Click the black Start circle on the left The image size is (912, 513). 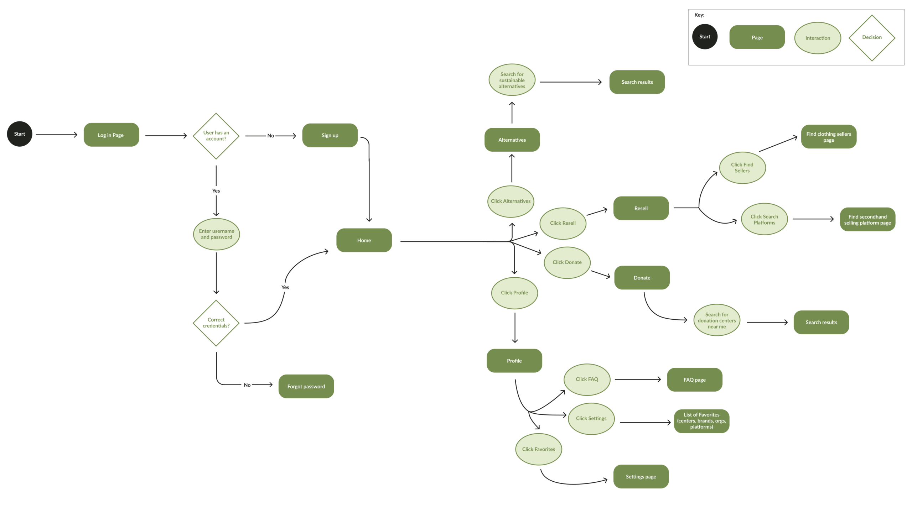[20, 134]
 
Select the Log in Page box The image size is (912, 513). [111, 135]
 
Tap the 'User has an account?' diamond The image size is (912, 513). [216, 136]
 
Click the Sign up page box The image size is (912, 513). [330, 135]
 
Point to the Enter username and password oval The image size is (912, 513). [216, 234]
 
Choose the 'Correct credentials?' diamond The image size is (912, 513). [216, 323]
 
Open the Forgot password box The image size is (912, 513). [306, 386]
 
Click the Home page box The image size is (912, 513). [364, 240]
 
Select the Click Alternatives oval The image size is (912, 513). [511, 201]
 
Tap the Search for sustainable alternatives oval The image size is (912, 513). [512, 80]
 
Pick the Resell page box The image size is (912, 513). [641, 208]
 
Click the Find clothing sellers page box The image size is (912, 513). [828, 137]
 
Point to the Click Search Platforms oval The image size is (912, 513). [764, 219]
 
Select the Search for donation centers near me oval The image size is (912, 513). [716, 320]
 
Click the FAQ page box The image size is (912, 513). [694, 380]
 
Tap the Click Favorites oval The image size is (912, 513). [538, 449]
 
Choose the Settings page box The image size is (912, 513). [641, 477]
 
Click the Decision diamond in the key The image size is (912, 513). [871, 37]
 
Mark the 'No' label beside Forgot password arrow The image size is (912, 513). [247, 385]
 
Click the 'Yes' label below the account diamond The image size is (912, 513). [216, 191]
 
